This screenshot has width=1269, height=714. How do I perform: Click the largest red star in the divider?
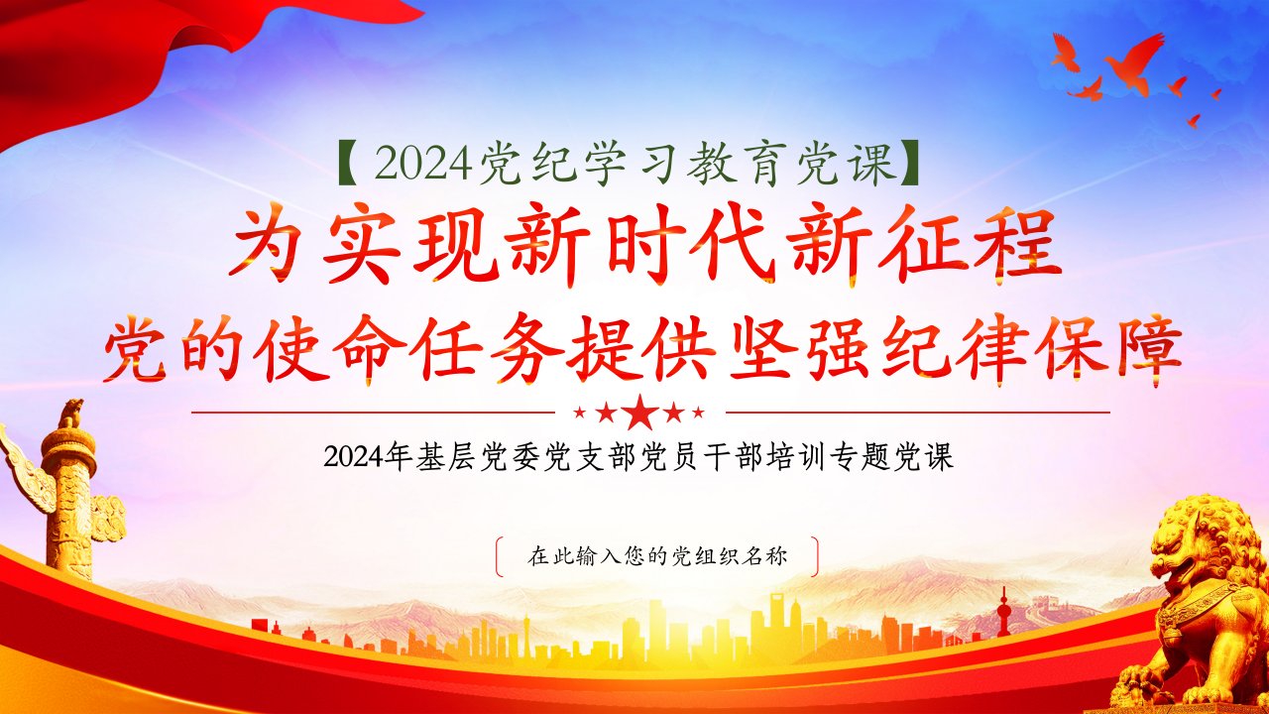[640, 412]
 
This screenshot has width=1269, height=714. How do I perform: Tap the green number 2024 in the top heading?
[423, 165]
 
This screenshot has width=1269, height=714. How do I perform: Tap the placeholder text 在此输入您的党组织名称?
[657, 556]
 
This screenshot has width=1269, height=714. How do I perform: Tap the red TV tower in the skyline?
[1003, 613]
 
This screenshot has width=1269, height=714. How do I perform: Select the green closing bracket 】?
[909, 165]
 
